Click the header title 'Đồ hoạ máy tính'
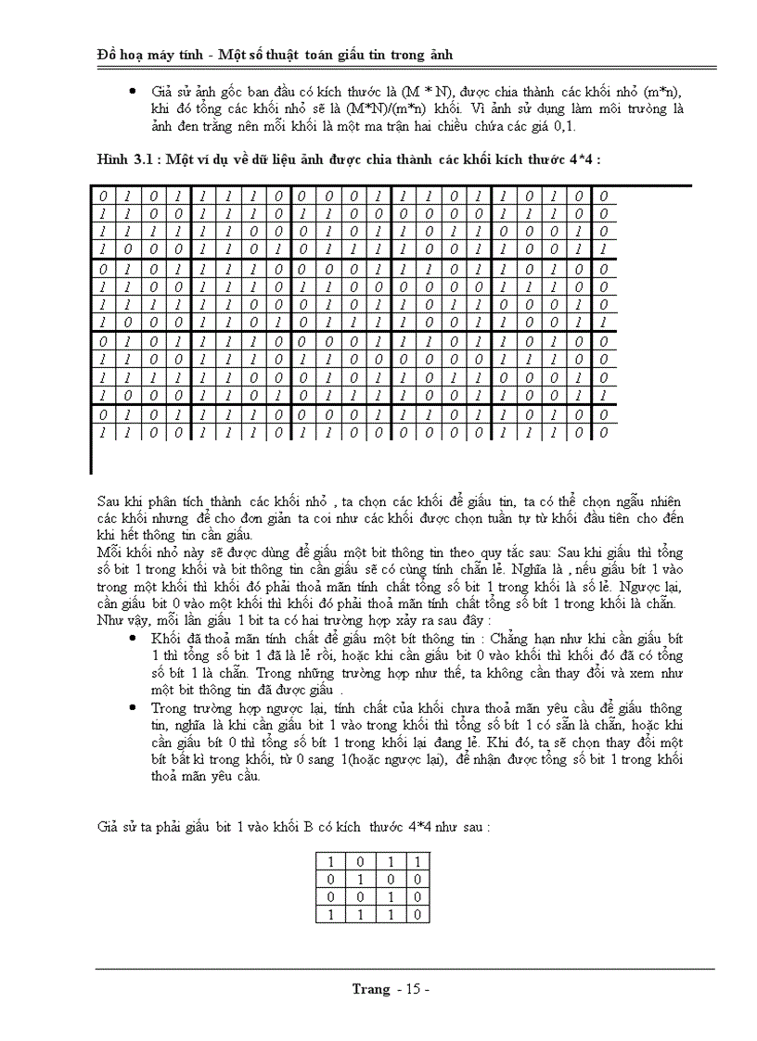[148, 55]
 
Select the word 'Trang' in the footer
[371, 989]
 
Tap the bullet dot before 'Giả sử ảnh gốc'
[133, 93]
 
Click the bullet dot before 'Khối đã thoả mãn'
[133, 641]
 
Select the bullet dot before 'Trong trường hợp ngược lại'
[133, 707]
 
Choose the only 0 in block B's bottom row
[418, 915]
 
